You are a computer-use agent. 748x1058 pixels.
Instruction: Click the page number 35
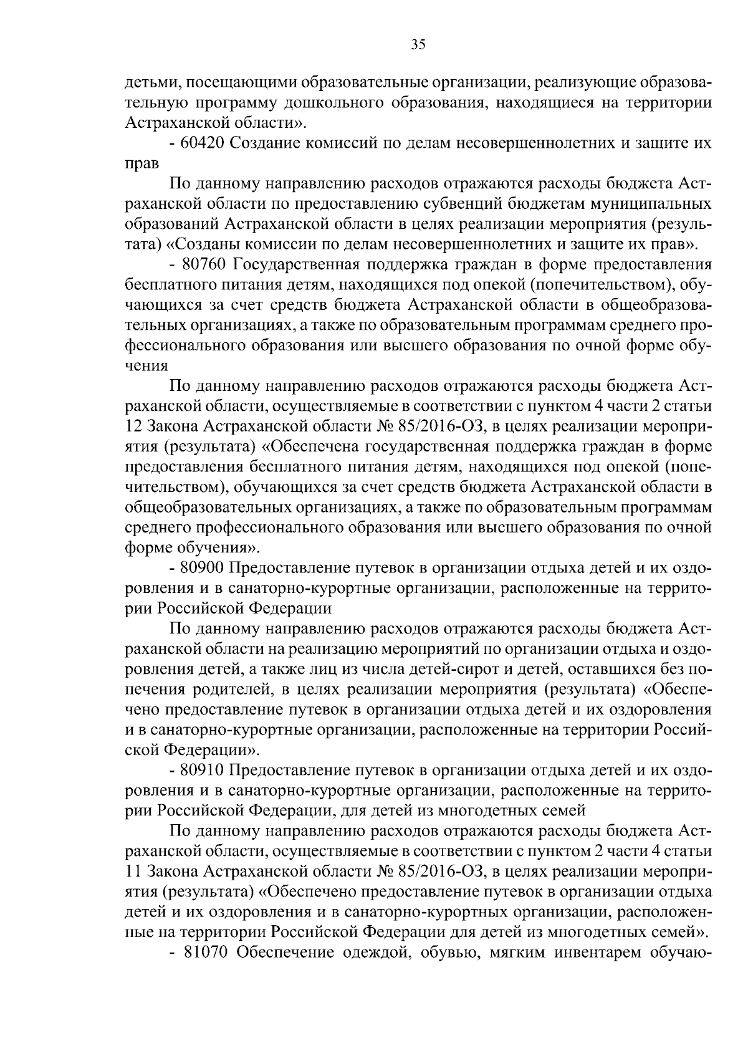click(x=418, y=44)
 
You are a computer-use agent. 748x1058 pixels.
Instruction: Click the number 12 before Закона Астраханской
click(x=133, y=426)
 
